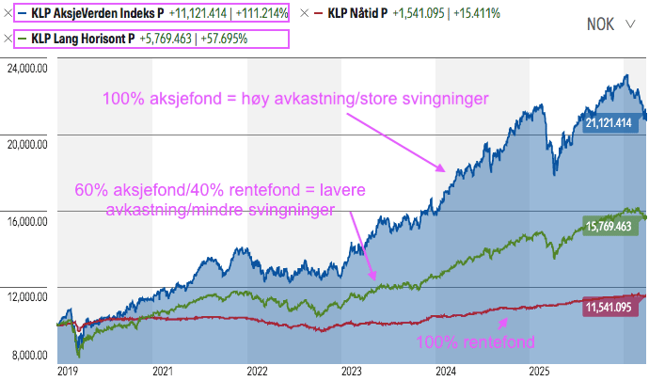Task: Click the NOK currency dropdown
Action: click(610, 24)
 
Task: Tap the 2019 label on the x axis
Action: click(68, 371)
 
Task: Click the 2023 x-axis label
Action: click(352, 371)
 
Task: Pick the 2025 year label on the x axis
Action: click(541, 371)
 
